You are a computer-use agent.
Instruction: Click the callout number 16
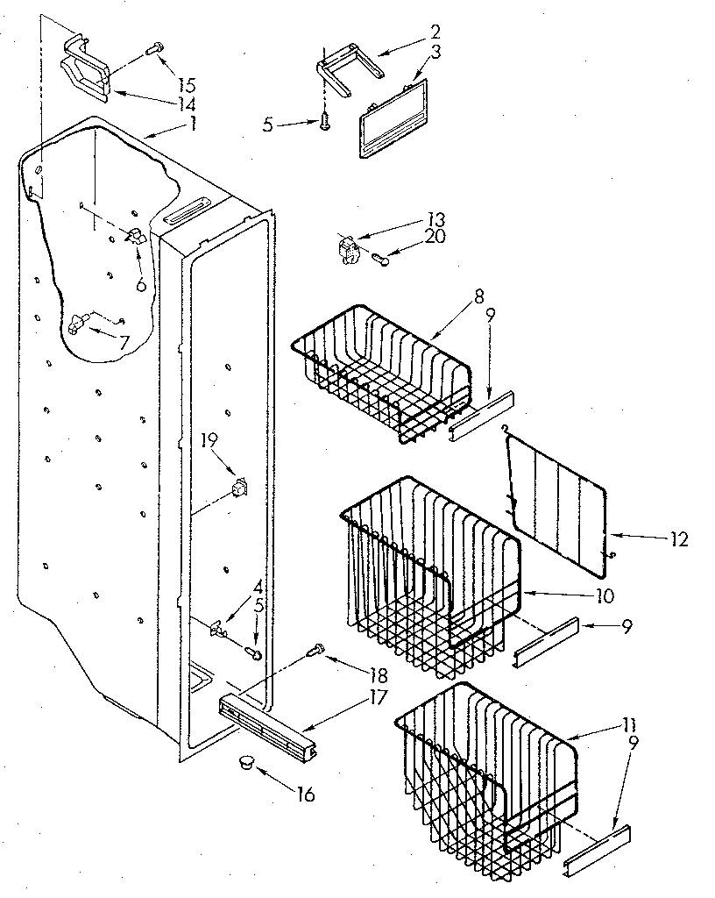pyautogui.click(x=305, y=795)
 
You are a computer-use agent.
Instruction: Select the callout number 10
pyautogui.click(x=605, y=595)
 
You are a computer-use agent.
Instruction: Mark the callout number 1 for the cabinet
pyautogui.click(x=193, y=124)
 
